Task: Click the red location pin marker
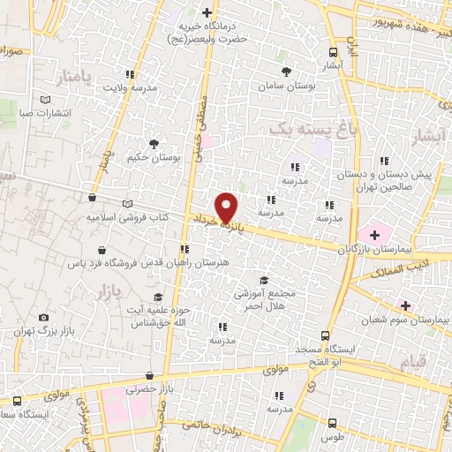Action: pyautogui.click(x=228, y=207)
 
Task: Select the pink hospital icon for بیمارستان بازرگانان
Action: pyautogui.click(x=376, y=235)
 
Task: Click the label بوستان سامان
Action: pyautogui.click(x=284, y=87)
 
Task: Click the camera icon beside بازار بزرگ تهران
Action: pyautogui.click(x=44, y=317)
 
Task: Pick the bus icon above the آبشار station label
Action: pyautogui.click(x=333, y=51)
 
